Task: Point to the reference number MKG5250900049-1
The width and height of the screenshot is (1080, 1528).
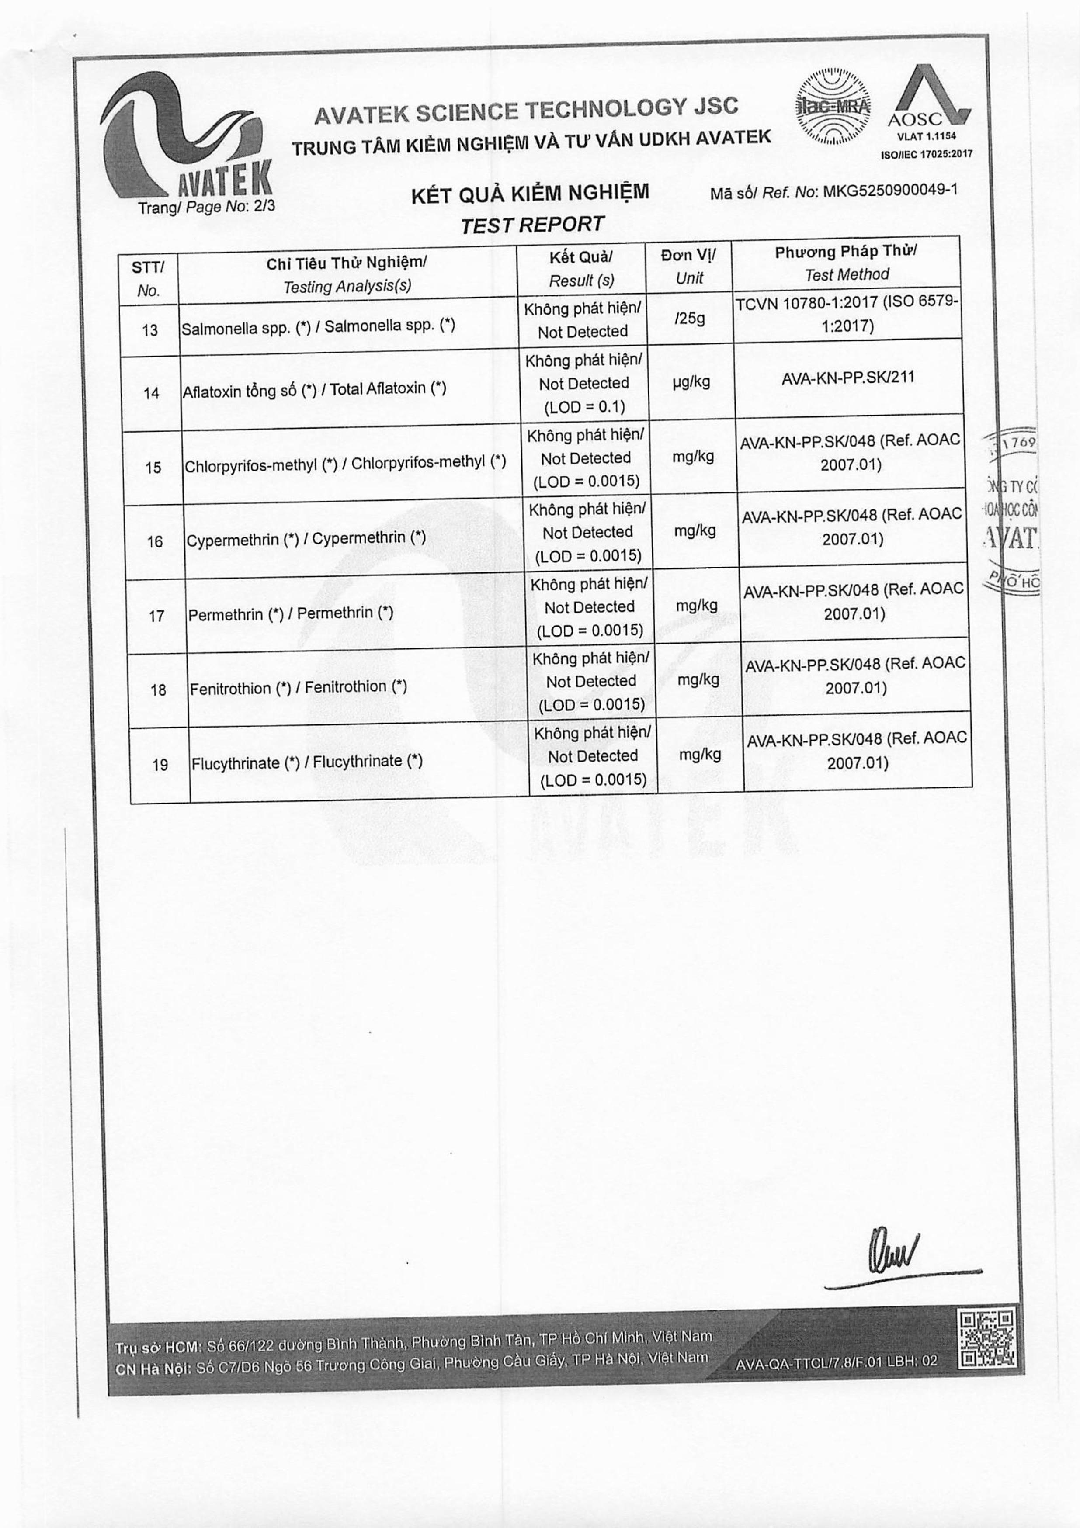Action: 890,191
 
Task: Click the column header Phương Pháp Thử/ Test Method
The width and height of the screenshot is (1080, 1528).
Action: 846,263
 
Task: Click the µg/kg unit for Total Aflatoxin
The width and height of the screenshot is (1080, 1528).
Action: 691,381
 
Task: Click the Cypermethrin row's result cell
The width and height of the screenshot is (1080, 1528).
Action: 587,532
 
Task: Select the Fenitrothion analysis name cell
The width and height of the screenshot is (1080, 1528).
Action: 298,687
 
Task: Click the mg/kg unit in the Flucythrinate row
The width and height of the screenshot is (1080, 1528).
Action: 700,754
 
